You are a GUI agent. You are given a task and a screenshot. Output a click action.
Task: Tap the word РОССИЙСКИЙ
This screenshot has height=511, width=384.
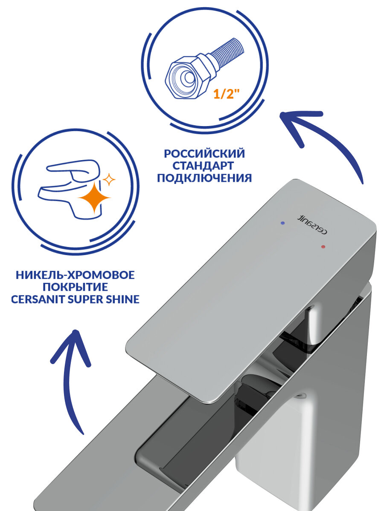point(204,153)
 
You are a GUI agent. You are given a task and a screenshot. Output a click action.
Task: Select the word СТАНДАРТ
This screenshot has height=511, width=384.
point(204,166)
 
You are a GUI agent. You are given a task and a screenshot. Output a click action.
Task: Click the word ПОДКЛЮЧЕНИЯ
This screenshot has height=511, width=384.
point(204,178)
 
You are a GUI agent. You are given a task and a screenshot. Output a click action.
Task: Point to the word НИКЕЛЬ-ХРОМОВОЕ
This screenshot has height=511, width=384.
point(75,275)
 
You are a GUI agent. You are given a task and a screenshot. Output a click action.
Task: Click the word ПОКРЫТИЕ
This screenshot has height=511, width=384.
point(75,287)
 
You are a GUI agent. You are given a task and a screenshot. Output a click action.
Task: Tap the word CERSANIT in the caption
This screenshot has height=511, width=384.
point(38,300)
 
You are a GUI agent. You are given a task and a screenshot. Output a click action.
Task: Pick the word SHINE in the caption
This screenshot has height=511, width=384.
point(122,300)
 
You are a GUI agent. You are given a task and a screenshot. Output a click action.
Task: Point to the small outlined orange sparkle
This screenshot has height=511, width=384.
point(110,180)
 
